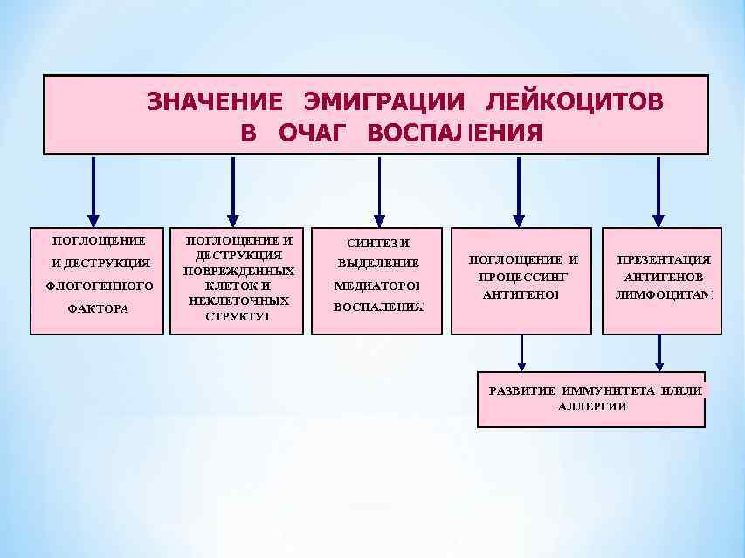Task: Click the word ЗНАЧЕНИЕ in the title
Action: (214, 101)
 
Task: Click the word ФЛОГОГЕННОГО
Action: (99, 286)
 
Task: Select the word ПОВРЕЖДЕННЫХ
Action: (238, 271)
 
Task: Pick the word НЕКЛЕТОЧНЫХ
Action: (238, 300)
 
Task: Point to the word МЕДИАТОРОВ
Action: (377, 286)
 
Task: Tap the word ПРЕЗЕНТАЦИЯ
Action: (664, 260)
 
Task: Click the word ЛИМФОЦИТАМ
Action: (664, 294)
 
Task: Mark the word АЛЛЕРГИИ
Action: (592, 406)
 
